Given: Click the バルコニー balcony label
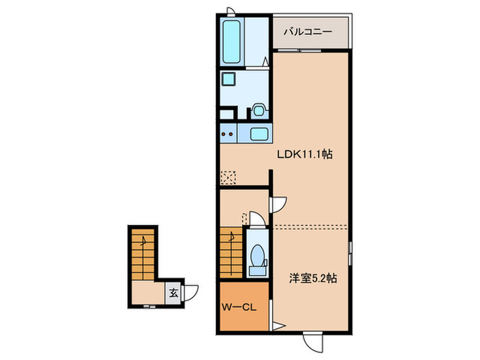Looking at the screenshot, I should (x=309, y=32).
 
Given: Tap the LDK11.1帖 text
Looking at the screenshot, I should (x=305, y=155).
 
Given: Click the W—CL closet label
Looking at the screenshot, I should (x=239, y=307).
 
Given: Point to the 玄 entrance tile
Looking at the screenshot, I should (x=173, y=293).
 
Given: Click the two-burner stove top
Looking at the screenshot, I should (x=229, y=134).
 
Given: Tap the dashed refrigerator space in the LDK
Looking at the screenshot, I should (x=228, y=176).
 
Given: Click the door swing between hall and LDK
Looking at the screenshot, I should (x=279, y=204).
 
